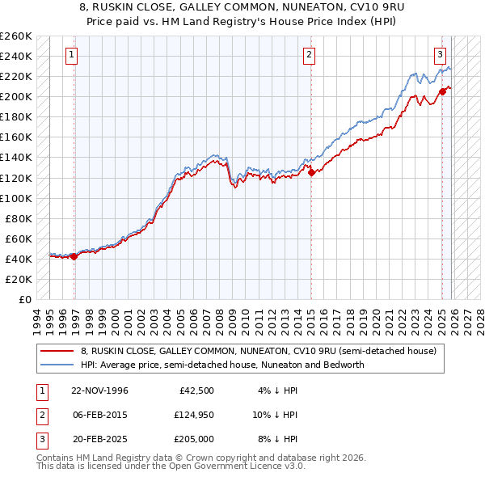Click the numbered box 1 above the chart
tap(72, 55)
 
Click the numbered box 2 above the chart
tap(309, 55)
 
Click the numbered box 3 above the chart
tap(440, 55)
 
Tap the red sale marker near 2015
tap(311, 171)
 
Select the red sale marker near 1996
tap(74, 256)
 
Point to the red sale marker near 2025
tap(442, 91)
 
